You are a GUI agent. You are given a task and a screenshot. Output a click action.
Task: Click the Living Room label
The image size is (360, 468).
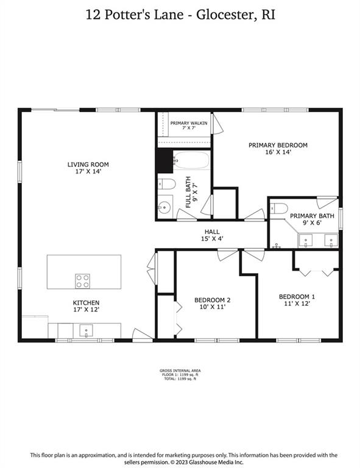tap(88, 165)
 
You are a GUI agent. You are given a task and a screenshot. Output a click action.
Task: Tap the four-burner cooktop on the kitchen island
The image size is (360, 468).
tap(83, 281)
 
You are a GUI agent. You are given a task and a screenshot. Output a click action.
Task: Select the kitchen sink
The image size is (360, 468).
tap(86, 331)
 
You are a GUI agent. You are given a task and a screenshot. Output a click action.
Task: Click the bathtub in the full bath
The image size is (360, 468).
tap(192, 160)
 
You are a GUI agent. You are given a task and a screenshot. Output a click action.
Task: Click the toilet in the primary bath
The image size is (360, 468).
tap(279, 208)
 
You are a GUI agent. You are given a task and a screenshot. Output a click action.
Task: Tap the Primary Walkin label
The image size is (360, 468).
tap(189, 123)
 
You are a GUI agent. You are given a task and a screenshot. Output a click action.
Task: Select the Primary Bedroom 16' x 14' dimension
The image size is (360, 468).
tap(278, 152)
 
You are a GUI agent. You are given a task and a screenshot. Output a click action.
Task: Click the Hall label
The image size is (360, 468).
tap(212, 232)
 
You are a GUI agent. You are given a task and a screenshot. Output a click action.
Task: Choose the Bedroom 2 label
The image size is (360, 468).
tap(213, 300)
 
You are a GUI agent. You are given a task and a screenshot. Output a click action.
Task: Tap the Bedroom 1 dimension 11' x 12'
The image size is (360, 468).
tap(297, 303)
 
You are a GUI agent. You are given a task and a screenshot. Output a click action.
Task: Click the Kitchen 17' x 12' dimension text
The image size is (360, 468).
tap(86, 310)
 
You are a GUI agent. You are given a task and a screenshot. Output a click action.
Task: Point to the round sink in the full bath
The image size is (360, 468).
tap(164, 207)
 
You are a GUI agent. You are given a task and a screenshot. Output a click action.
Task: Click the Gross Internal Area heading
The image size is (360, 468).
tap(180, 371)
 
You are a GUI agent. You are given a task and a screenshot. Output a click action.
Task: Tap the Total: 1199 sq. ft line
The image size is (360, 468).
tap(180, 379)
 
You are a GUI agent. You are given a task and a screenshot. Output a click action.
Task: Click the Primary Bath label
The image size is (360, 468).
tap(312, 216)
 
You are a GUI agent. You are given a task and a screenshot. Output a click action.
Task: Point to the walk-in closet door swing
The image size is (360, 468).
tap(217, 124)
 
